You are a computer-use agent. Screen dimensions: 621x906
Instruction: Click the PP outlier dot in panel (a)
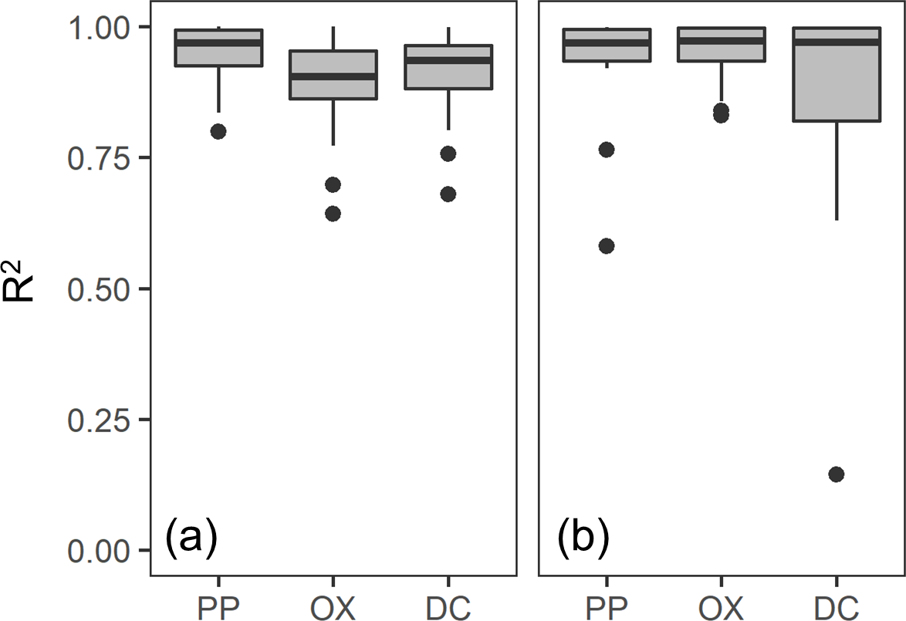tap(218, 131)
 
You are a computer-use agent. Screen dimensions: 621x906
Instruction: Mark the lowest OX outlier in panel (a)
tap(333, 214)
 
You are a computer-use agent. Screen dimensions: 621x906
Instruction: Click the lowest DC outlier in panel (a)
tap(448, 194)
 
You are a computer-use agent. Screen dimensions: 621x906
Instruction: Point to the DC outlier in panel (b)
tap(836, 474)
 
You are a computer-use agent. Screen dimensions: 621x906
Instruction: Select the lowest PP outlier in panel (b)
tap(607, 246)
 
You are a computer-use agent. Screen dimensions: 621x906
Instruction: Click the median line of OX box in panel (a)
tap(333, 76)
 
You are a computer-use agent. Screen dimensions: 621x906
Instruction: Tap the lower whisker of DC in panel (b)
tap(836, 170)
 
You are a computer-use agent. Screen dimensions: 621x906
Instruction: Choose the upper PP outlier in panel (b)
tap(607, 150)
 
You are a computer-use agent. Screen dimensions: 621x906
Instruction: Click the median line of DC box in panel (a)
tap(448, 60)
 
